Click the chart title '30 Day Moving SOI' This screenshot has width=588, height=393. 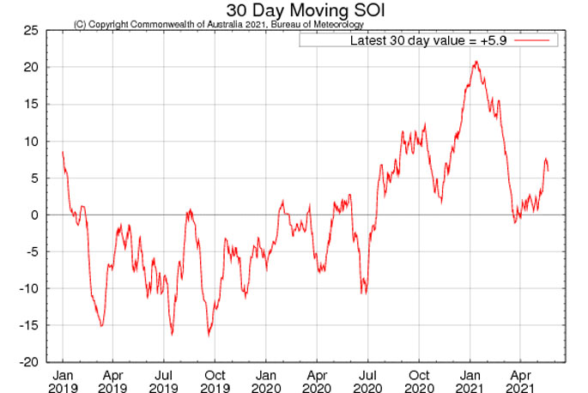294,9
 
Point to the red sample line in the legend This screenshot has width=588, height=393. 538,40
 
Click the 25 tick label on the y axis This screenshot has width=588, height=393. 30,30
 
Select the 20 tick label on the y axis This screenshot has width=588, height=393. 30,67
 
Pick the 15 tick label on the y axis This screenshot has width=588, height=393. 30,104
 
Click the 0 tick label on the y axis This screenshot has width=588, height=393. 33,215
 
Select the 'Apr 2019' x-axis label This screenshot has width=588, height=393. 112,382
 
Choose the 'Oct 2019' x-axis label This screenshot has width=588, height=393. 215,382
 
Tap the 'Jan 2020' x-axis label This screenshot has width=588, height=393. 266,382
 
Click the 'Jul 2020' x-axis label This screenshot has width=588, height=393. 368,382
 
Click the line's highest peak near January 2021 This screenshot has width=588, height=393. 475,62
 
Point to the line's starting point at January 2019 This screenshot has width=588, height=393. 63,152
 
